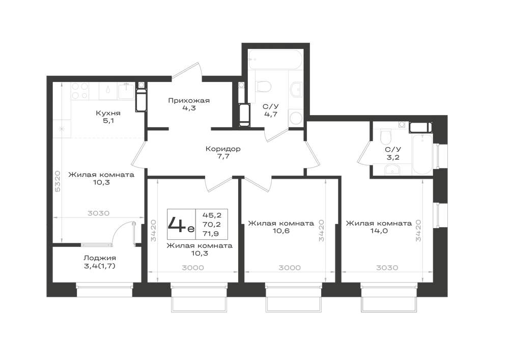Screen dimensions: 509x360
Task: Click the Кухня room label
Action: pos(108,113)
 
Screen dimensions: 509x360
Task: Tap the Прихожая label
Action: pos(189,101)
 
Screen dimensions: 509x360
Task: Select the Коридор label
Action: pos(223,149)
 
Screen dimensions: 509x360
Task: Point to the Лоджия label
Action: pos(100,258)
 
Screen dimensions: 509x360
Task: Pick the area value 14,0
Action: pos(379,231)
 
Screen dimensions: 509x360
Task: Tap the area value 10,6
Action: pos(281,231)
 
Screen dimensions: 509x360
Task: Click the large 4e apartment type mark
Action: pos(181,224)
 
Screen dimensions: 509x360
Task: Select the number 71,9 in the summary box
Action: pos(211,233)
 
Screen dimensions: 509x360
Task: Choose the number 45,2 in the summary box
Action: pos(212,215)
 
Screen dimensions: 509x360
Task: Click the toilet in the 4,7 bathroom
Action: pos(264,87)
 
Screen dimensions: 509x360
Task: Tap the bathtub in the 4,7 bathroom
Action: pos(275,59)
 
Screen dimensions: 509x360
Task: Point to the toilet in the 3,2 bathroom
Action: pos(385,137)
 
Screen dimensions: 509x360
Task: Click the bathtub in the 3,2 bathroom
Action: pos(422,154)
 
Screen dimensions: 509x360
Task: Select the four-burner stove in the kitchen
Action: pos(80,91)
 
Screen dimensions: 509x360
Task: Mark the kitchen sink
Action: pos(126,91)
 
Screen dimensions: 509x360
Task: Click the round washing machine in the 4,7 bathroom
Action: pos(296,118)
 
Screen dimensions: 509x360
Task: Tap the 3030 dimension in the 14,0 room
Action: pos(387,268)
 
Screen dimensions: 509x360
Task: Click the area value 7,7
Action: pos(223,156)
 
